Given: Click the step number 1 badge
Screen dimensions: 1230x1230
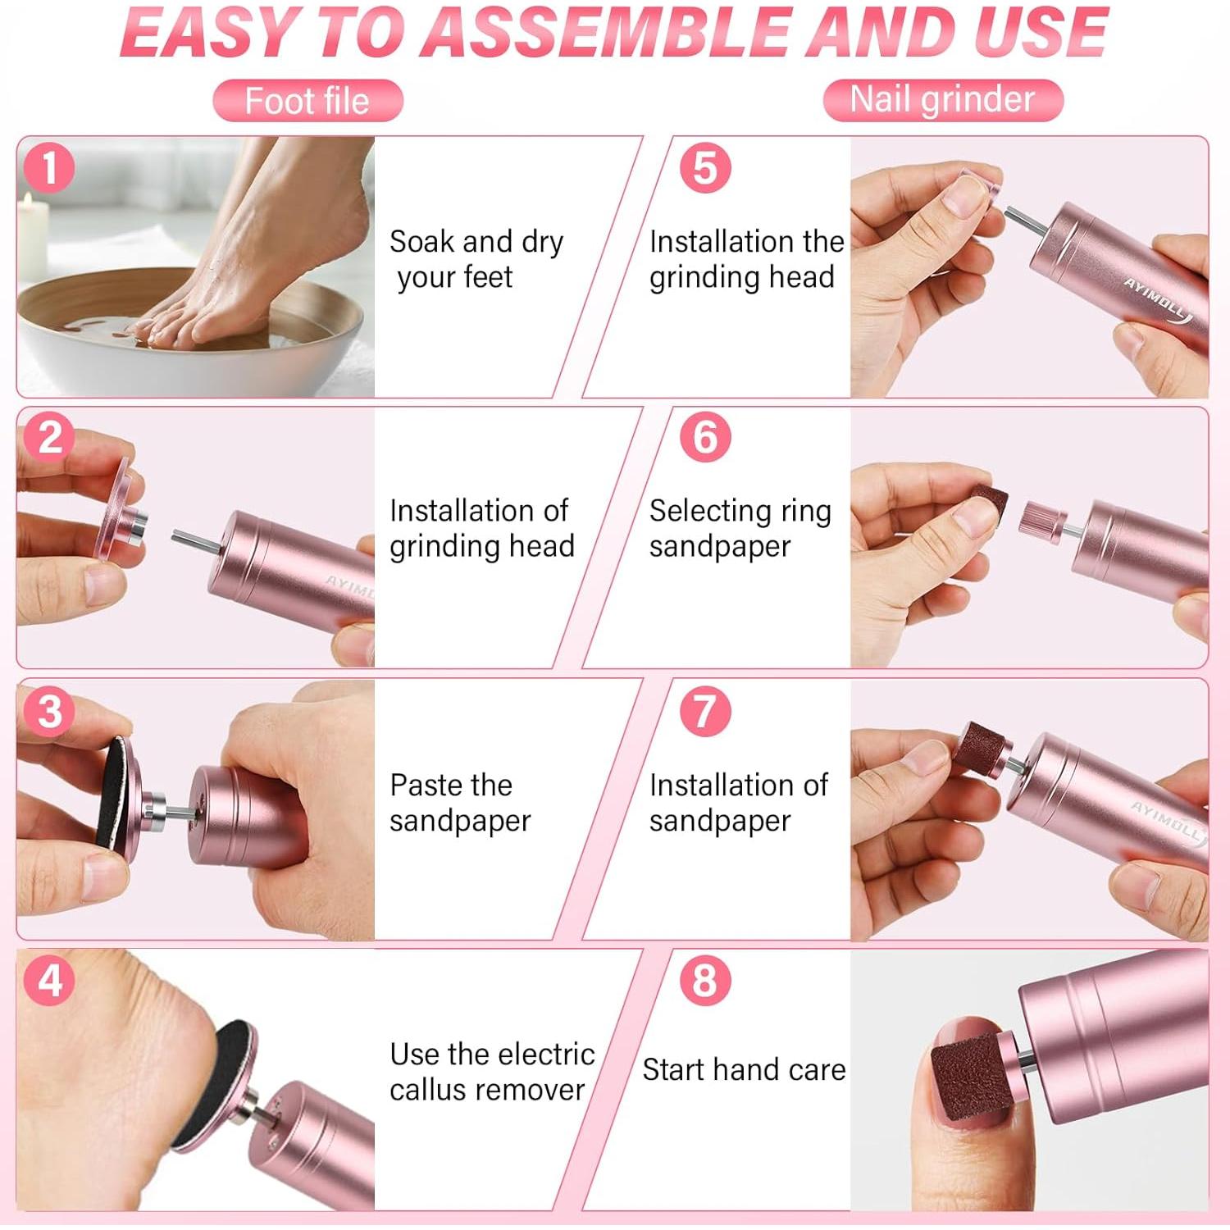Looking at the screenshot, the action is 49,169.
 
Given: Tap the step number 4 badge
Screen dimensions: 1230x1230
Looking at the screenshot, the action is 49,980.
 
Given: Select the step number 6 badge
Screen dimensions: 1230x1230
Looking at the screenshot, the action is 705,437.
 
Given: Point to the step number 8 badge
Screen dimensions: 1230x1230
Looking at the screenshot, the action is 705,980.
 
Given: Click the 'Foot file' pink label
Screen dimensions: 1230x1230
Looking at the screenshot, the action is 307,101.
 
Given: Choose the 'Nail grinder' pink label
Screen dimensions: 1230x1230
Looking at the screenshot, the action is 943,100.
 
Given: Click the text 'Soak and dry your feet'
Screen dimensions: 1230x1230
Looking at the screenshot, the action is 476,259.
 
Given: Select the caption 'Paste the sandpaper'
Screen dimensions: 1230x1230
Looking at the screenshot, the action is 460,803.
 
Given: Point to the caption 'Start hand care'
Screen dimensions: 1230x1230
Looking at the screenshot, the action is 744,1069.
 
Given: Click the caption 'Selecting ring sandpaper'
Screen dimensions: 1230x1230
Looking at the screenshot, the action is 740,528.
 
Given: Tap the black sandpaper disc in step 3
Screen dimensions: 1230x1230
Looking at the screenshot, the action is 115,793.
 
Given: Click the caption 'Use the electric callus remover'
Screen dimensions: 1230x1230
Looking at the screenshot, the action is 492,1071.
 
